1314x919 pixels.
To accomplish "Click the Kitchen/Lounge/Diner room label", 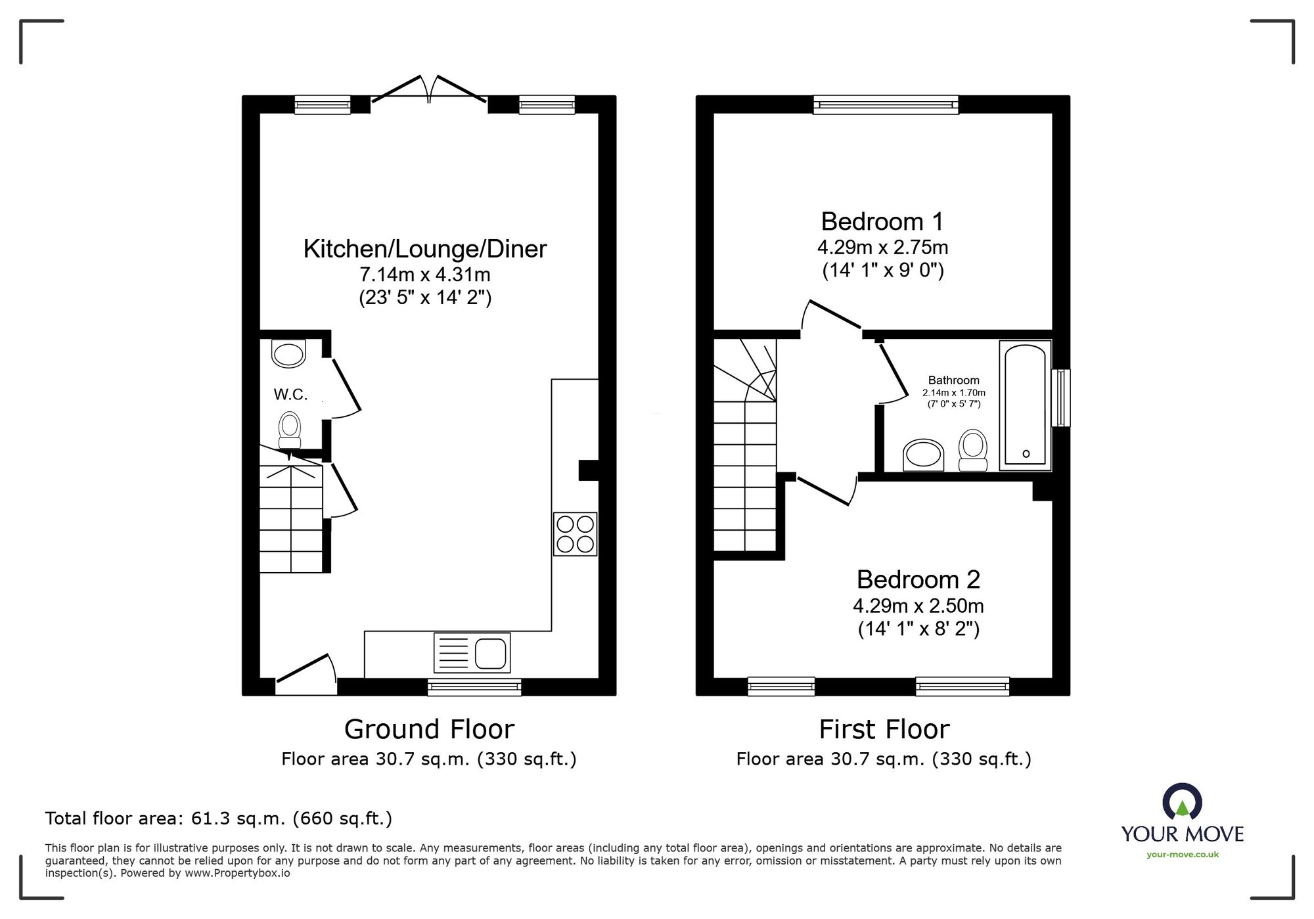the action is [x=425, y=249].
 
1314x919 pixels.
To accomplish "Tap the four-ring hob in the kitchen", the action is [x=575, y=534].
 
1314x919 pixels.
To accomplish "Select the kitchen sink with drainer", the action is [x=472, y=652].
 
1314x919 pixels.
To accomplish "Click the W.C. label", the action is [x=290, y=394].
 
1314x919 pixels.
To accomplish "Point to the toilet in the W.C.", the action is [x=290, y=430].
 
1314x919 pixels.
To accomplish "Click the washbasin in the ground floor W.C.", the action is [x=289, y=353].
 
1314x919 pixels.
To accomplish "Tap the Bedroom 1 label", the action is [x=882, y=221].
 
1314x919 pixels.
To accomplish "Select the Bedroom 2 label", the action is [x=918, y=579].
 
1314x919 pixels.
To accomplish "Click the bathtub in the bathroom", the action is [x=1025, y=405].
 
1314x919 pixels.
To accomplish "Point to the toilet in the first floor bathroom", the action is [x=973, y=450].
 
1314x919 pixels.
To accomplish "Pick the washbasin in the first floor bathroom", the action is [x=924, y=455].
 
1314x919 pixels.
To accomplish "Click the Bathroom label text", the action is [x=954, y=380].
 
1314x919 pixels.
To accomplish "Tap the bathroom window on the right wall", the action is [x=1061, y=398].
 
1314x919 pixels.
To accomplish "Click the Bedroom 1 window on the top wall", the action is [x=886, y=104].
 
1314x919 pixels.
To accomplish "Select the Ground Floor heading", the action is [x=429, y=729].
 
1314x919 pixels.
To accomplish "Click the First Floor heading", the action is [x=884, y=729].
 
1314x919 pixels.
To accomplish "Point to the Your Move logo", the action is [x=1183, y=820].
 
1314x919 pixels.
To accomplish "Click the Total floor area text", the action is [x=219, y=818].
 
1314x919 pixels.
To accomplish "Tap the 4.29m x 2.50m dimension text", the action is [x=918, y=606].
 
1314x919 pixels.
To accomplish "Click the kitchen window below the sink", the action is [x=474, y=687].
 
